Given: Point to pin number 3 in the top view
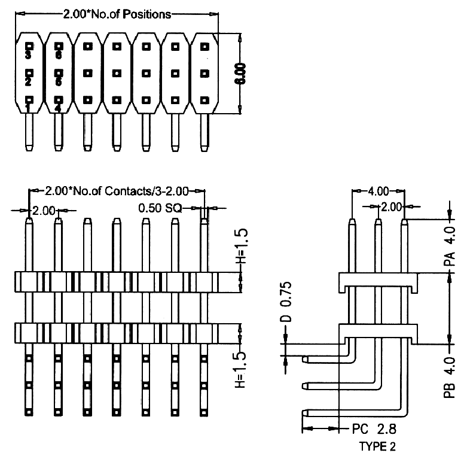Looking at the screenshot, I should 28,54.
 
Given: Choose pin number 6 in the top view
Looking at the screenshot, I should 58,54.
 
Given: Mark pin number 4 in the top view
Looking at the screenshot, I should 58,109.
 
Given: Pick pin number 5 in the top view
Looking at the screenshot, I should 58,82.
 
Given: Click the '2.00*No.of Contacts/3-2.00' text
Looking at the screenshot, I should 117,191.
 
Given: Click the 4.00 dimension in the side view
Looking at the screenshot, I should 378,191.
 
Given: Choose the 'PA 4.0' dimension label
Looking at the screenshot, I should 451,246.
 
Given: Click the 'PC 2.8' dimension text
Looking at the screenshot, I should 374,429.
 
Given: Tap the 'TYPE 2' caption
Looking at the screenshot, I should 377,446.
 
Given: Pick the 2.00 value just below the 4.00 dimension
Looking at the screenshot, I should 392,206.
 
